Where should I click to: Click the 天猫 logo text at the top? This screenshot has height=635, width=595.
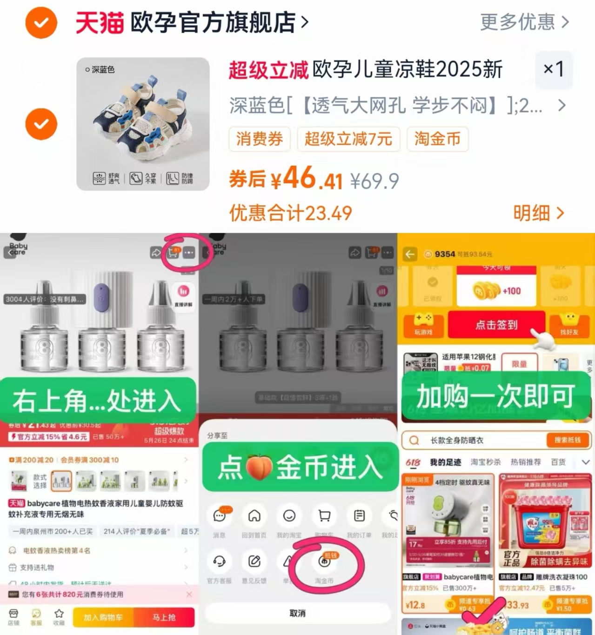pos(99,22)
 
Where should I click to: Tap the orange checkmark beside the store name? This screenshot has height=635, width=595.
pos(41,22)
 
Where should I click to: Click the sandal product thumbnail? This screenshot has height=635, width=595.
pos(143,124)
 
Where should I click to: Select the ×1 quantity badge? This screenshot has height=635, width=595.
pos(554,70)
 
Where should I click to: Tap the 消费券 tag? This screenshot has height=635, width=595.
pos(260,139)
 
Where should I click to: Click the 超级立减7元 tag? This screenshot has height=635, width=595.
pos(348,139)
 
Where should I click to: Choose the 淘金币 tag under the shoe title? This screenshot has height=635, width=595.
pos(437,139)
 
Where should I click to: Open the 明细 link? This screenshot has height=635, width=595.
pos(538,214)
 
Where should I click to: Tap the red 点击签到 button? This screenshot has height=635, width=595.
pos(496,325)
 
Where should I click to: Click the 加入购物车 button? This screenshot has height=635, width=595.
pos(103,617)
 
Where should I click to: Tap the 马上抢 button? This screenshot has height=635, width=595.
pos(164,617)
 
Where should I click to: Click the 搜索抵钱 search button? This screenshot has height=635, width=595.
pos(567,440)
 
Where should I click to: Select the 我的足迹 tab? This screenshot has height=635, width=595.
pos(445,462)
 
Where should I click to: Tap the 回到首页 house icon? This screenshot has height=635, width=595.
pos(254,516)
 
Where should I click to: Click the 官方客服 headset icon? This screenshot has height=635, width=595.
pos(219,561)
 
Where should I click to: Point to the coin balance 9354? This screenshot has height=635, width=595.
pos(444,254)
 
